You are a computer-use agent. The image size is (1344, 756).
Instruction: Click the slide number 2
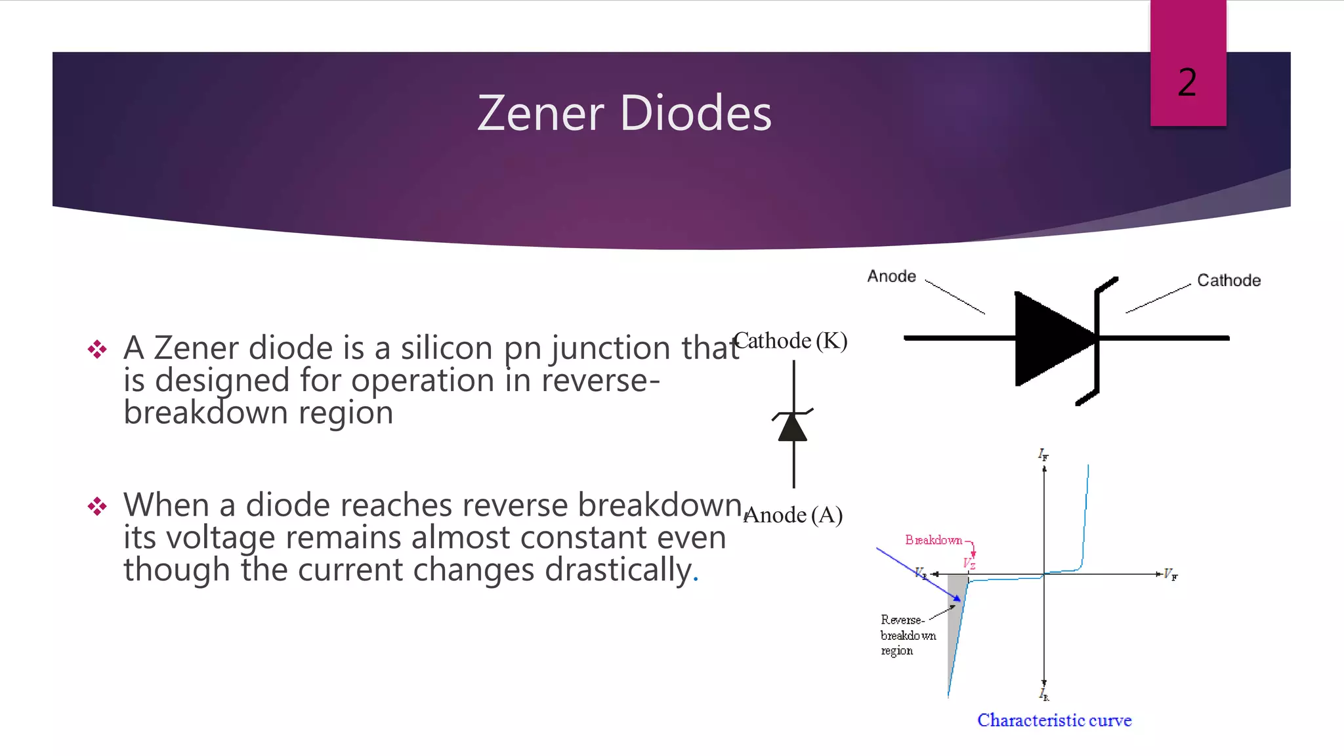point(1187,83)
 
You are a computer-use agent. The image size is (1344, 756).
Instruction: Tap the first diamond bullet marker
point(97,348)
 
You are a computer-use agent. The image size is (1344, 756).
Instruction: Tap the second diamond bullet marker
point(97,506)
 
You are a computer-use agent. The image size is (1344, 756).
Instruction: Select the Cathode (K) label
point(790,341)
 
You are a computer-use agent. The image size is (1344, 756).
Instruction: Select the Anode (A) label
point(793,515)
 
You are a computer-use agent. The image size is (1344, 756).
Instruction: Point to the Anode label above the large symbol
point(891,276)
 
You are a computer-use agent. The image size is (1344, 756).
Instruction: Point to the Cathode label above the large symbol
point(1228,280)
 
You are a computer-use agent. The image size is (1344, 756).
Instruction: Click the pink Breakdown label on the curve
point(933,540)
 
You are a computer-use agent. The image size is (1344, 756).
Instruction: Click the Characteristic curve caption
point(1054,720)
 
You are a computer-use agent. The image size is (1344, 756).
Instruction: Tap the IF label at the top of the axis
point(1043,454)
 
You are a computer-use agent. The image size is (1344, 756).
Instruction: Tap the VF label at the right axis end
point(1170,575)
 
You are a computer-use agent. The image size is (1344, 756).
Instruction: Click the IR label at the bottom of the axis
point(1044,694)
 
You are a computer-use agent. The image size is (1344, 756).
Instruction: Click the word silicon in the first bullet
point(446,348)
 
